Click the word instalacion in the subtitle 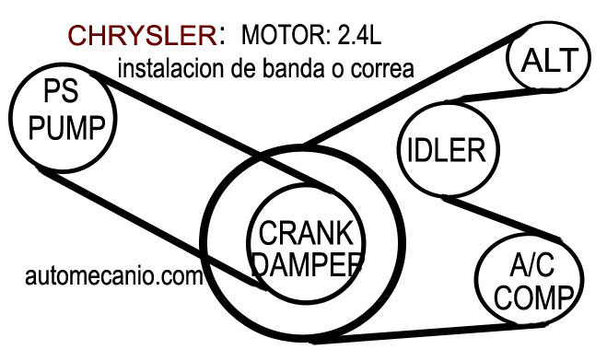click(172, 67)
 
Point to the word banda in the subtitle click(283, 67)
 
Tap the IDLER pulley click(446, 149)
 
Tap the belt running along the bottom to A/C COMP click(414, 337)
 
